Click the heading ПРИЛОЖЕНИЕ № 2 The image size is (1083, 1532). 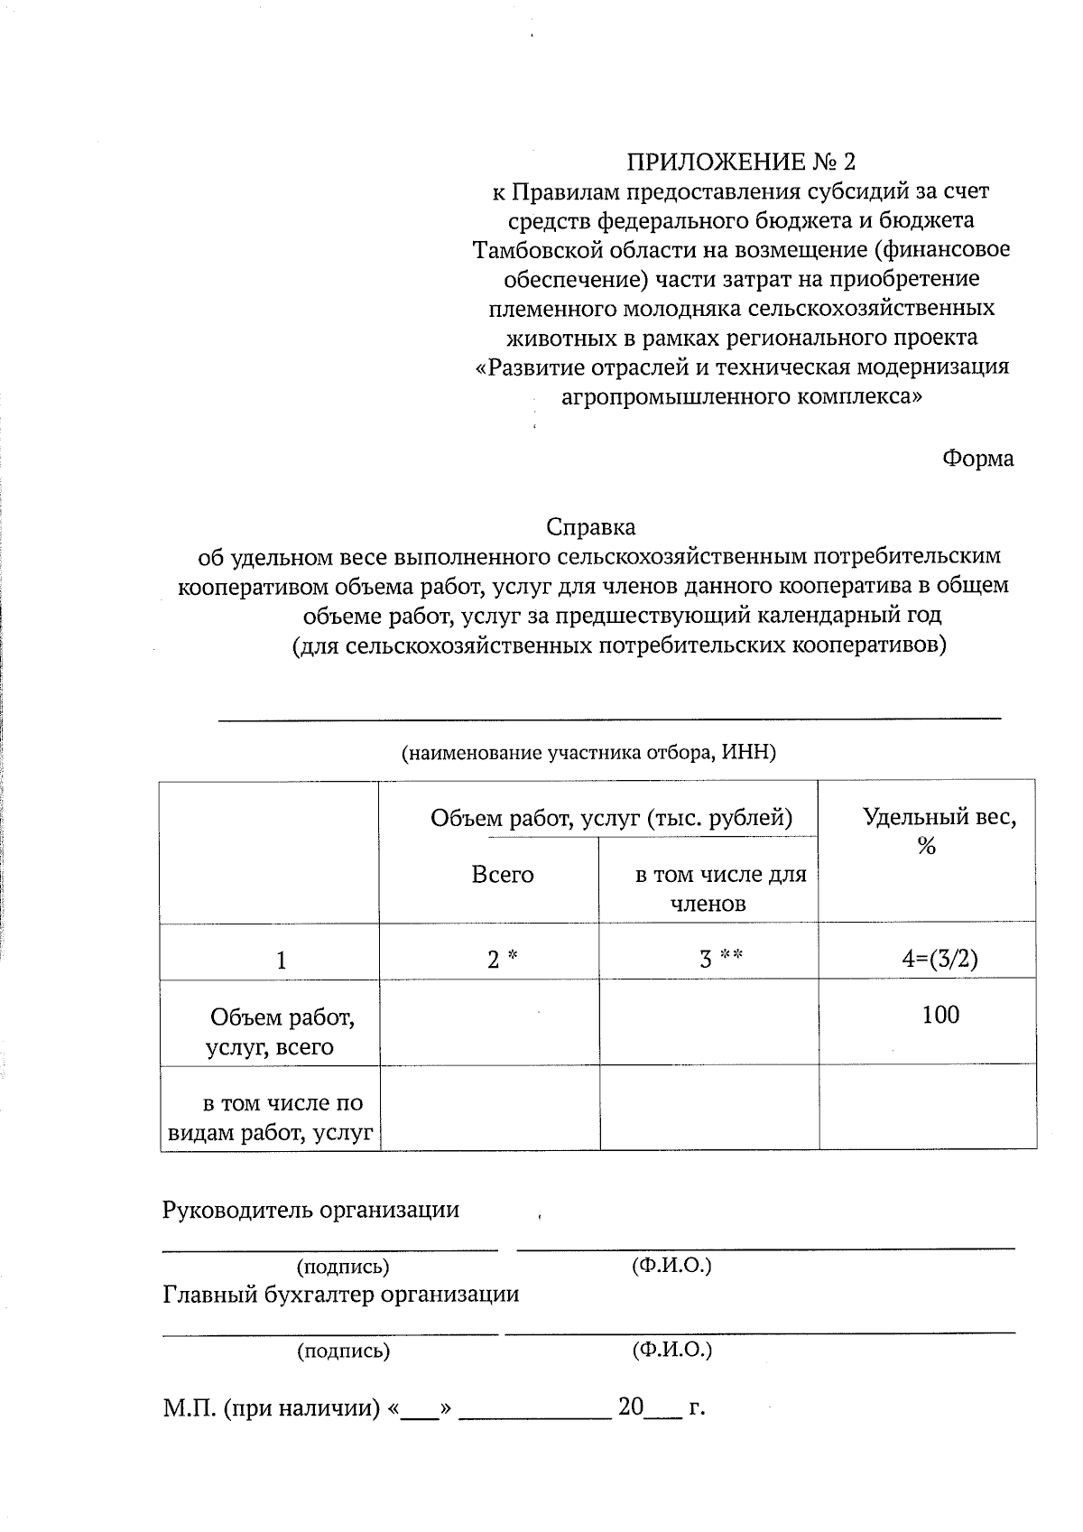click(x=740, y=162)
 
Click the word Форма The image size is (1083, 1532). click(x=977, y=459)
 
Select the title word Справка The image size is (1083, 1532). click(x=591, y=526)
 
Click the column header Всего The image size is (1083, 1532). click(x=503, y=875)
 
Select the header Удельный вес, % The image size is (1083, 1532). click(x=939, y=831)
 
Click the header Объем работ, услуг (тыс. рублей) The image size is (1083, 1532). click(x=611, y=819)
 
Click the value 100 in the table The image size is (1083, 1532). click(x=940, y=1015)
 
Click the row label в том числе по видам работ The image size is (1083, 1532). click(x=271, y=1118)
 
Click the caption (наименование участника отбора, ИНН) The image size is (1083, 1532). click(x=588, y=753)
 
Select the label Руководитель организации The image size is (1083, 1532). click(x=310, y=1210)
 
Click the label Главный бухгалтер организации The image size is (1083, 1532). click(x=340, y=1295)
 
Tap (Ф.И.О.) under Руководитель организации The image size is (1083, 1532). click(x=671, y=1266)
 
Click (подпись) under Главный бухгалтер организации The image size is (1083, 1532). click(x=343, y=1351)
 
